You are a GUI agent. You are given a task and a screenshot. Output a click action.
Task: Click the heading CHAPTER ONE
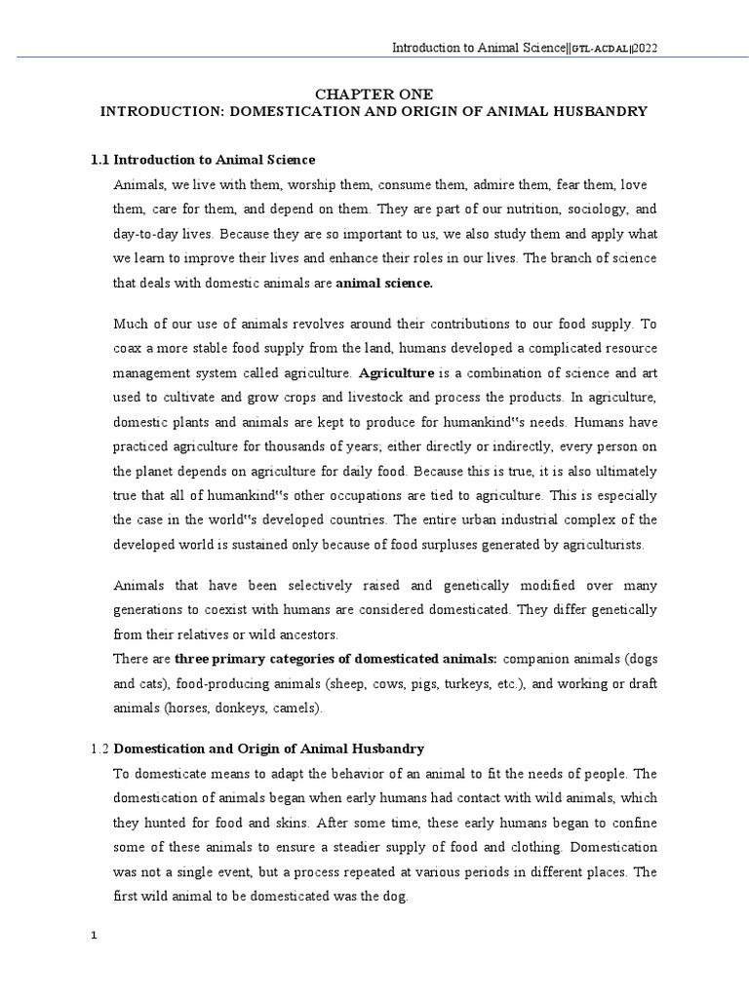pos(374,93)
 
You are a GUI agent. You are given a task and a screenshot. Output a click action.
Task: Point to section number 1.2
pos(99,748)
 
